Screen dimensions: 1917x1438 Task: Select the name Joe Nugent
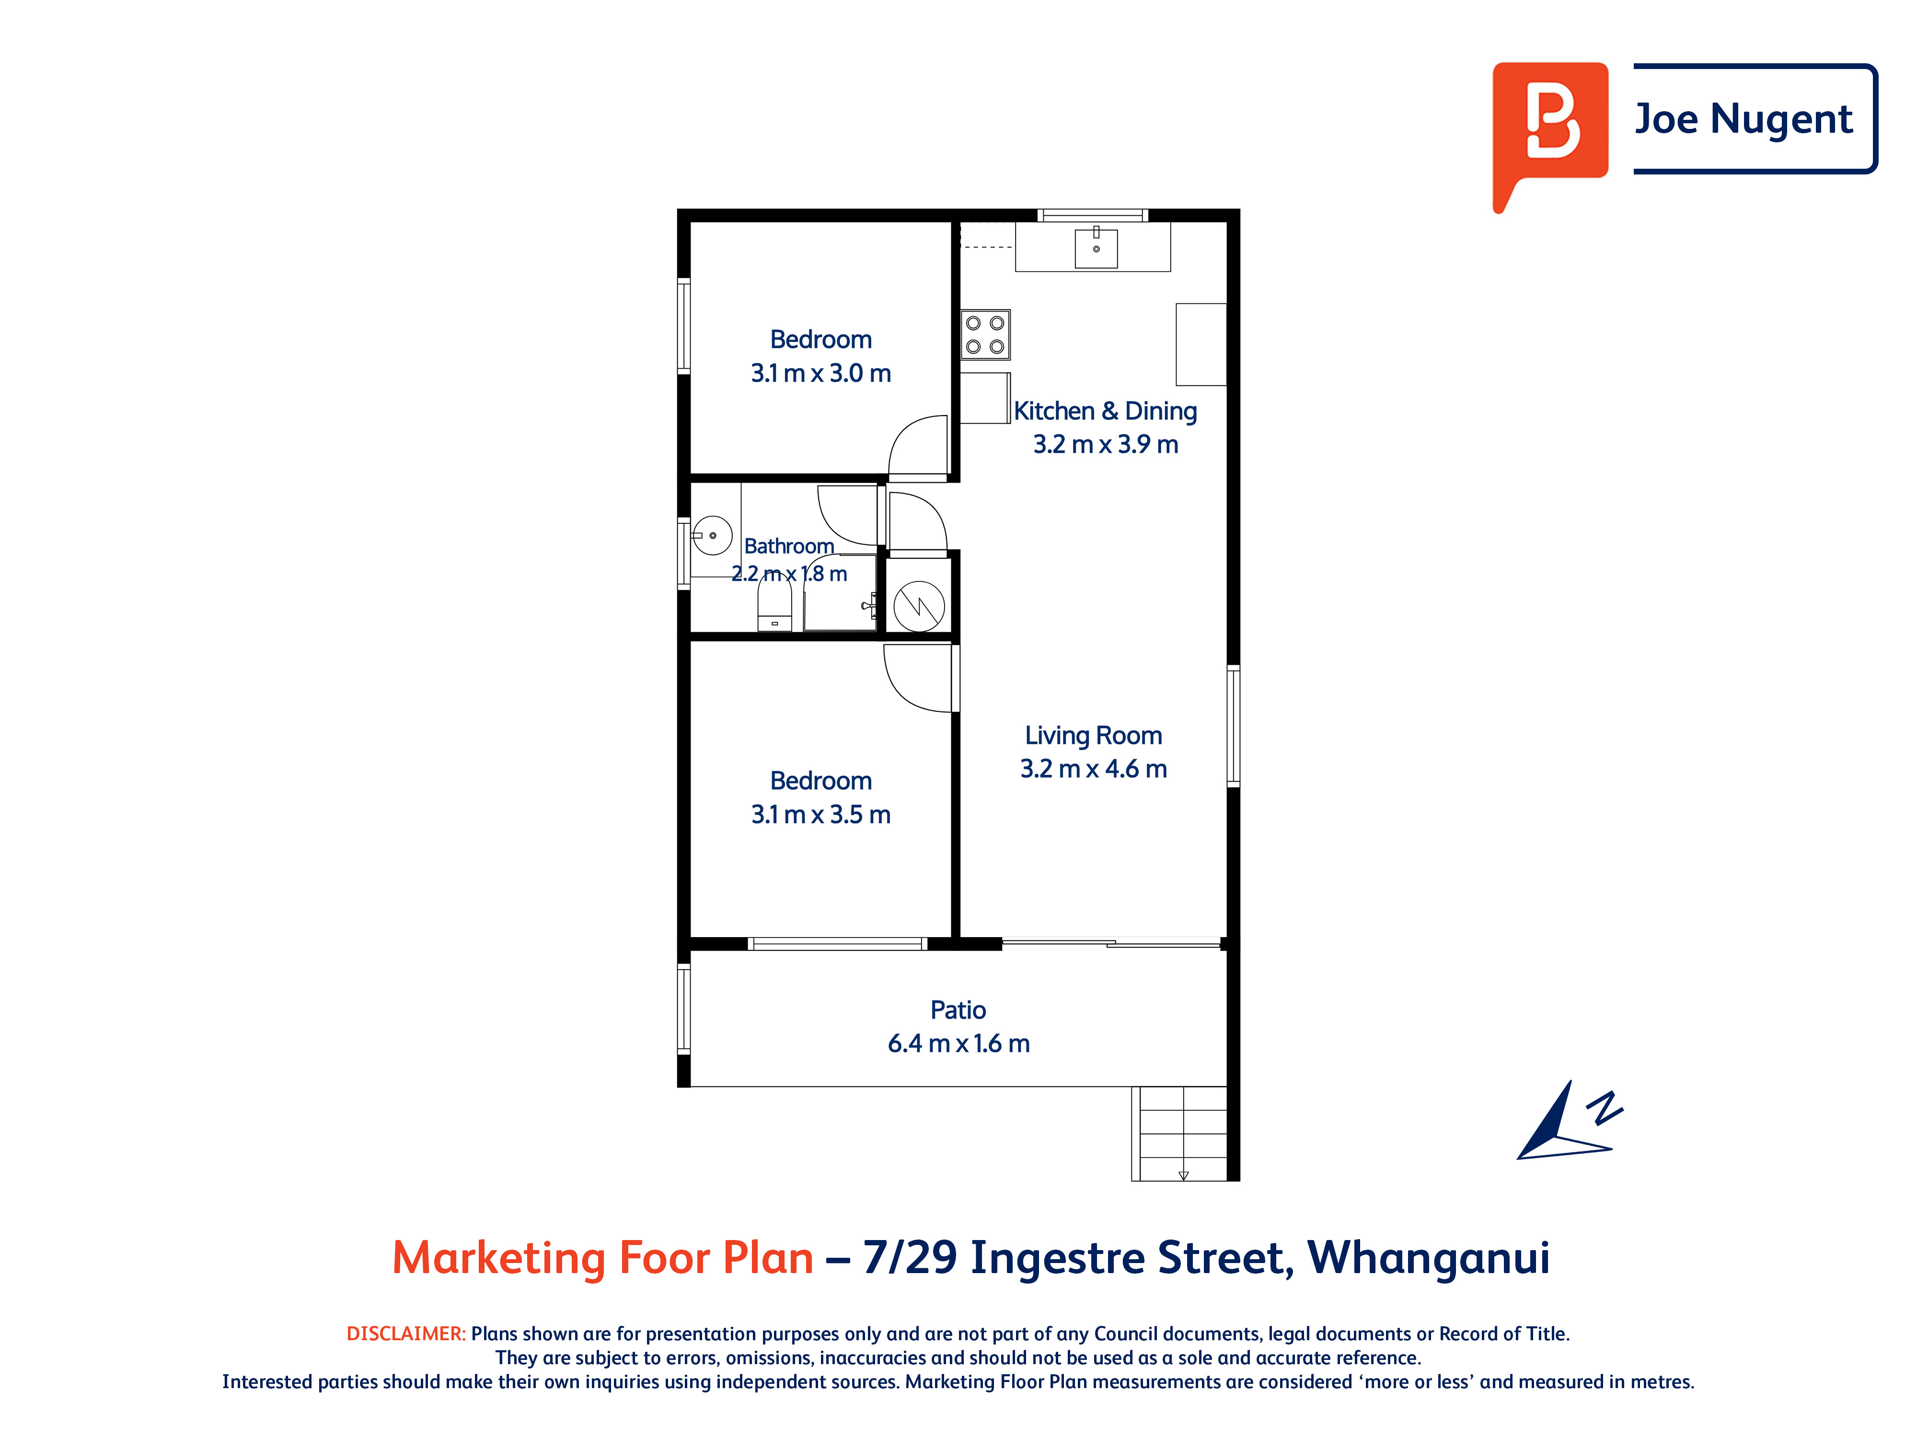(x=1744, y=119)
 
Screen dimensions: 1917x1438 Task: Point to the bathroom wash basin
(x=712, y=536)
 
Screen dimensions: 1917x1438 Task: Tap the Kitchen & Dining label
(x=1106, y=411)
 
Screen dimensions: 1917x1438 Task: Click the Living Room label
(x=1094, y=735)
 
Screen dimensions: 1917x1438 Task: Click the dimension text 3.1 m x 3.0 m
(x=820, y=373)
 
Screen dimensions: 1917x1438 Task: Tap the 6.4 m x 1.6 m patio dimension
(x=958, y=1044)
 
